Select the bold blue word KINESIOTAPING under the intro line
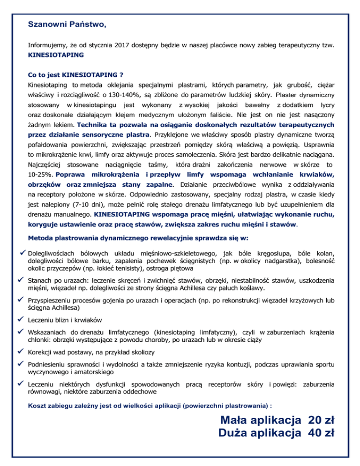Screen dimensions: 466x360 click(x=56, y=55)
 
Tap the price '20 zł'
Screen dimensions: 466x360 click(x=321, y=419)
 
